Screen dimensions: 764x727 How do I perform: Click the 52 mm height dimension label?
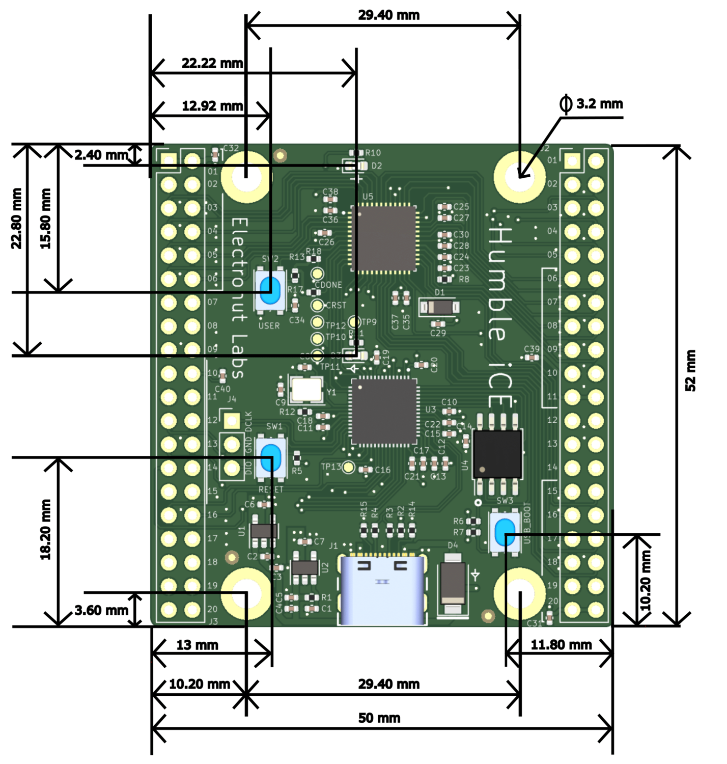tap(690, 370)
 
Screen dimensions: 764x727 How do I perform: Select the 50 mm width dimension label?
tap(379, 718)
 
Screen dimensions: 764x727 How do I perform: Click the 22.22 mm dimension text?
tap(212, 63)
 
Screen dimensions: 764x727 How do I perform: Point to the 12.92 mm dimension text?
tap(212, 106)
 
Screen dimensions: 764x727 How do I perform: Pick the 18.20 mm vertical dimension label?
tap(46, 530)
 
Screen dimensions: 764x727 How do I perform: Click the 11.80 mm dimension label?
tap(561, 645)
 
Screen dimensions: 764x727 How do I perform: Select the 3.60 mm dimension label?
tap(101, 610)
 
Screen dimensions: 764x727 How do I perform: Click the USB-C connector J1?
tap(382, 591)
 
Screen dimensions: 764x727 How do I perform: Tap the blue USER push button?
tap(269, 290)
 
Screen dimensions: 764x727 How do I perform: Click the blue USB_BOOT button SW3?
tap(505, 532)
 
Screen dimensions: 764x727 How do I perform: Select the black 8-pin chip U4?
tap(497, 453)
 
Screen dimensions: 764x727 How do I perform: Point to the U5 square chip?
tap(384, 238)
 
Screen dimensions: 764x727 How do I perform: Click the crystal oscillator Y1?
tap(306, 390)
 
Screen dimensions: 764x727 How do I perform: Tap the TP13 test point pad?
tap(348, 467)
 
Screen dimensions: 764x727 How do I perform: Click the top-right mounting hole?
tap(519, 177)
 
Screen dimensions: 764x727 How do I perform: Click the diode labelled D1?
tap(439, 307)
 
